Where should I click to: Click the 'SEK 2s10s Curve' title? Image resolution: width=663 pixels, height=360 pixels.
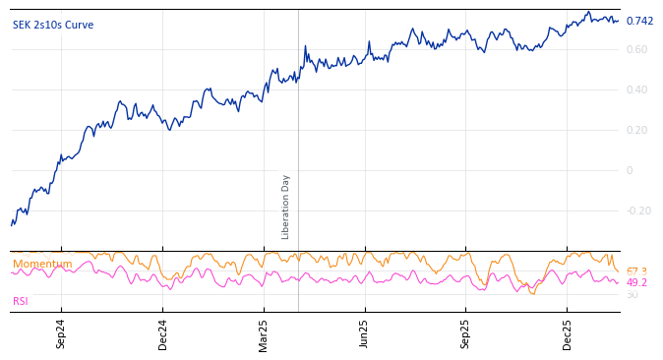click(x=53, y=25)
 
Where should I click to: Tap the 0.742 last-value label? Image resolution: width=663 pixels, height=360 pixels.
click(x=639, y=22)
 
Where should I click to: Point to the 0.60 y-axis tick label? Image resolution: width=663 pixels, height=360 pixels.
click(x=636, y=50)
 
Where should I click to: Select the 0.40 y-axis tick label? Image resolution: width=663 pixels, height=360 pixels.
click(x=636, y=90)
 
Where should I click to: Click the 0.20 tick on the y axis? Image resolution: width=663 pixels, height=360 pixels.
click(x=636, y=131)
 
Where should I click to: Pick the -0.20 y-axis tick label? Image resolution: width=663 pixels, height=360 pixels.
click(x=638, y=210)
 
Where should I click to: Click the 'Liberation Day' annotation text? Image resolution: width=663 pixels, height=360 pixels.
click(x=286, y=207)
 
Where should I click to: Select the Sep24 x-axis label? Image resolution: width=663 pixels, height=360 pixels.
click(x=61, y=333)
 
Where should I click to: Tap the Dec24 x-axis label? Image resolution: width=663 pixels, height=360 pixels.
click(x=163, y=333)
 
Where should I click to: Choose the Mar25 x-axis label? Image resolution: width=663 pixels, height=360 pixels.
click(x=264, y=333)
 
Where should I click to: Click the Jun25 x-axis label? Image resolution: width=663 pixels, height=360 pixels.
click(x=364, y=333)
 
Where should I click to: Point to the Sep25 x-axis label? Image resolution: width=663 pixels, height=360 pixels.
click(x=465, y=333)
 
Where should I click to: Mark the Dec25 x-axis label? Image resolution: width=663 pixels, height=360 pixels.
click(x=567, y=333)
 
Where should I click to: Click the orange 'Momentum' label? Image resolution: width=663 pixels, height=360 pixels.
click(x=42, y=264)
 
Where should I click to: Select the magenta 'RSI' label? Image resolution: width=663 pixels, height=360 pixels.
click(x=21, y=301)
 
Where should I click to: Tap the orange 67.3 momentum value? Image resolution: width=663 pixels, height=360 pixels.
click(x=636, y=271)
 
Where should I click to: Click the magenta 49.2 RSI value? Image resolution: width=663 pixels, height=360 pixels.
click(x=636, y=283)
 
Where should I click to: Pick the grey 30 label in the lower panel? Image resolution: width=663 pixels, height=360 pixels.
click(x=632, y=295)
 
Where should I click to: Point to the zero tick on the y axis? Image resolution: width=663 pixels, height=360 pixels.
click(x=630, y=171)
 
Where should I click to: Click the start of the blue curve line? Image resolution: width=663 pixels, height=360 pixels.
click(x=12, y=225)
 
